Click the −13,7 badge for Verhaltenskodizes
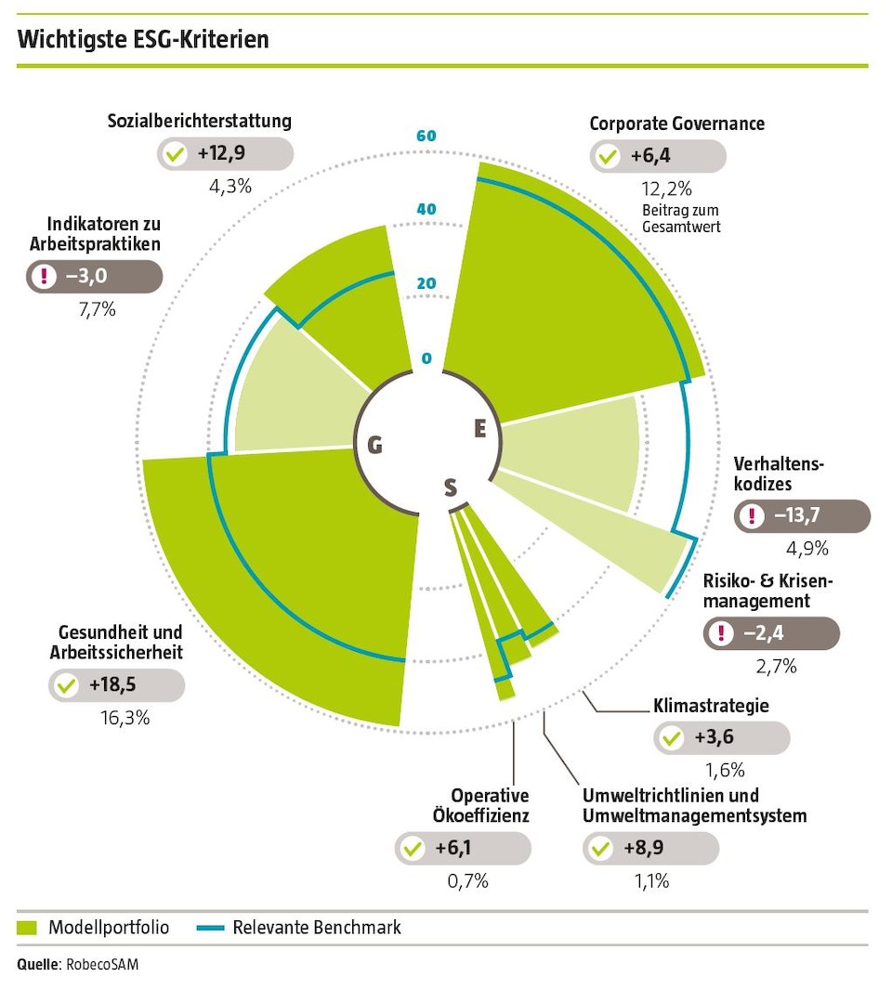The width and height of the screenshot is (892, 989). pyautogui.click(x=802, y=516)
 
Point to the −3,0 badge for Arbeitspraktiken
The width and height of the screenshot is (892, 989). pyautogui.click(x=94, y=277)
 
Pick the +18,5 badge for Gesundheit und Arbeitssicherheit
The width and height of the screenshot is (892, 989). pyautogui.click(x=116, y=685)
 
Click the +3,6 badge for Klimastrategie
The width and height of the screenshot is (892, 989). pyautogui.click(x=722, y=739)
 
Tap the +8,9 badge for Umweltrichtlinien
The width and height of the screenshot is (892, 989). pyautogui.click(x=650, y=848)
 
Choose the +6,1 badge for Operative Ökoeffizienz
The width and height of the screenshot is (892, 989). pyautogui.click(x=463, y=848)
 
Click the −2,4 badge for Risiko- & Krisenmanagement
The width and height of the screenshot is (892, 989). pyautogui.click(x=770, y=633)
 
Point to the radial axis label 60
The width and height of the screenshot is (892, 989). pyautogui.click(x=426, y=137)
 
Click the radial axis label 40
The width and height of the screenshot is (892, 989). pyautogui.click(x=426, y=209)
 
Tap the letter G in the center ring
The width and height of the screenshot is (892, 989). pyautogui.click(x=374, y=446)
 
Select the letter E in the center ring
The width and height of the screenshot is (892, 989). pyautogui.click(x=479, y=428)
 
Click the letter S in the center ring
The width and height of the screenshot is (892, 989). pyautogui.click(x=451, y=487)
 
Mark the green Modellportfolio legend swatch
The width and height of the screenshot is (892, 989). pyautogui.click(x=28, y=927)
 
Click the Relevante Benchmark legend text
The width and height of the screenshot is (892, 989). pyautogui.click(x=317, y=927)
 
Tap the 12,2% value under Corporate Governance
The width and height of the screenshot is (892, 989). pyautogui.click(x=666, y=189)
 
